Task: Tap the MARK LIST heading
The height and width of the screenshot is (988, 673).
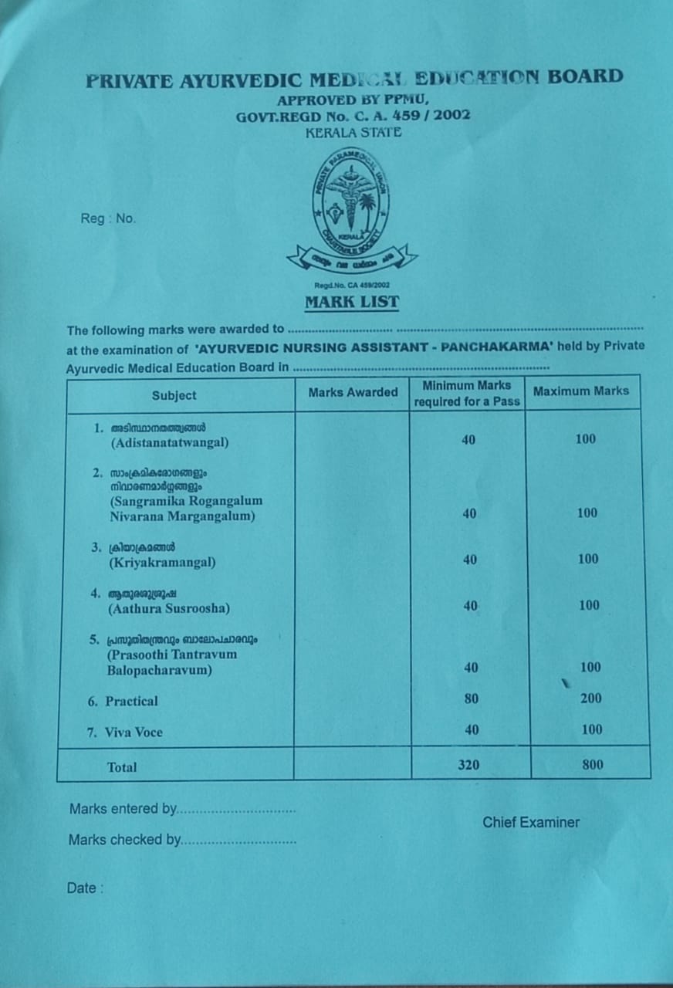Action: point(352,302)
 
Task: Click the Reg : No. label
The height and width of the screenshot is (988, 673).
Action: point(108,218)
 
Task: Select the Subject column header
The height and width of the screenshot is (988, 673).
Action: point(174,395)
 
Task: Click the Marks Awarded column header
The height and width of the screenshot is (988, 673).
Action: point(353,392)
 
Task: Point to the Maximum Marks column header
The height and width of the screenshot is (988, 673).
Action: point(580,391)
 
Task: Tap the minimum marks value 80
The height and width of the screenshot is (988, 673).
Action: point(471,699)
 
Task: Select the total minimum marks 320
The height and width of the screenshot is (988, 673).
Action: point(468,765)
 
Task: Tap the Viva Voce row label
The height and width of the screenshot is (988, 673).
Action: point(134,733)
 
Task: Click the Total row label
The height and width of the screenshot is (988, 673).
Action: point(122,767)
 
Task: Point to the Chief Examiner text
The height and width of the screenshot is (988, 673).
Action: point(531,822)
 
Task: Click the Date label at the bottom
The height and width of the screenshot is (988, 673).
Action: point(81,888)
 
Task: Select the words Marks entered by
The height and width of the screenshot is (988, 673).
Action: point(123,809)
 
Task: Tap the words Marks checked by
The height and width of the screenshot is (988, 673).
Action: point(124,840)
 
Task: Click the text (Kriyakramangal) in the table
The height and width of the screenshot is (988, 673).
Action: point(162,563)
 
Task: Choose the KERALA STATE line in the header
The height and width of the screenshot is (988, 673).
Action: point(353,132)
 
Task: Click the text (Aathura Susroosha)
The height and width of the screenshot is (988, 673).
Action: point(170,608)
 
